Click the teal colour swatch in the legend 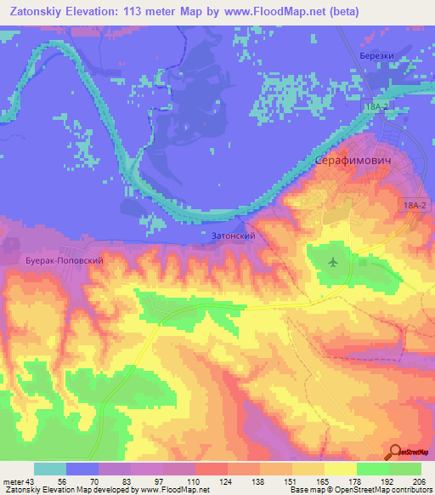pos(50,469)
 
